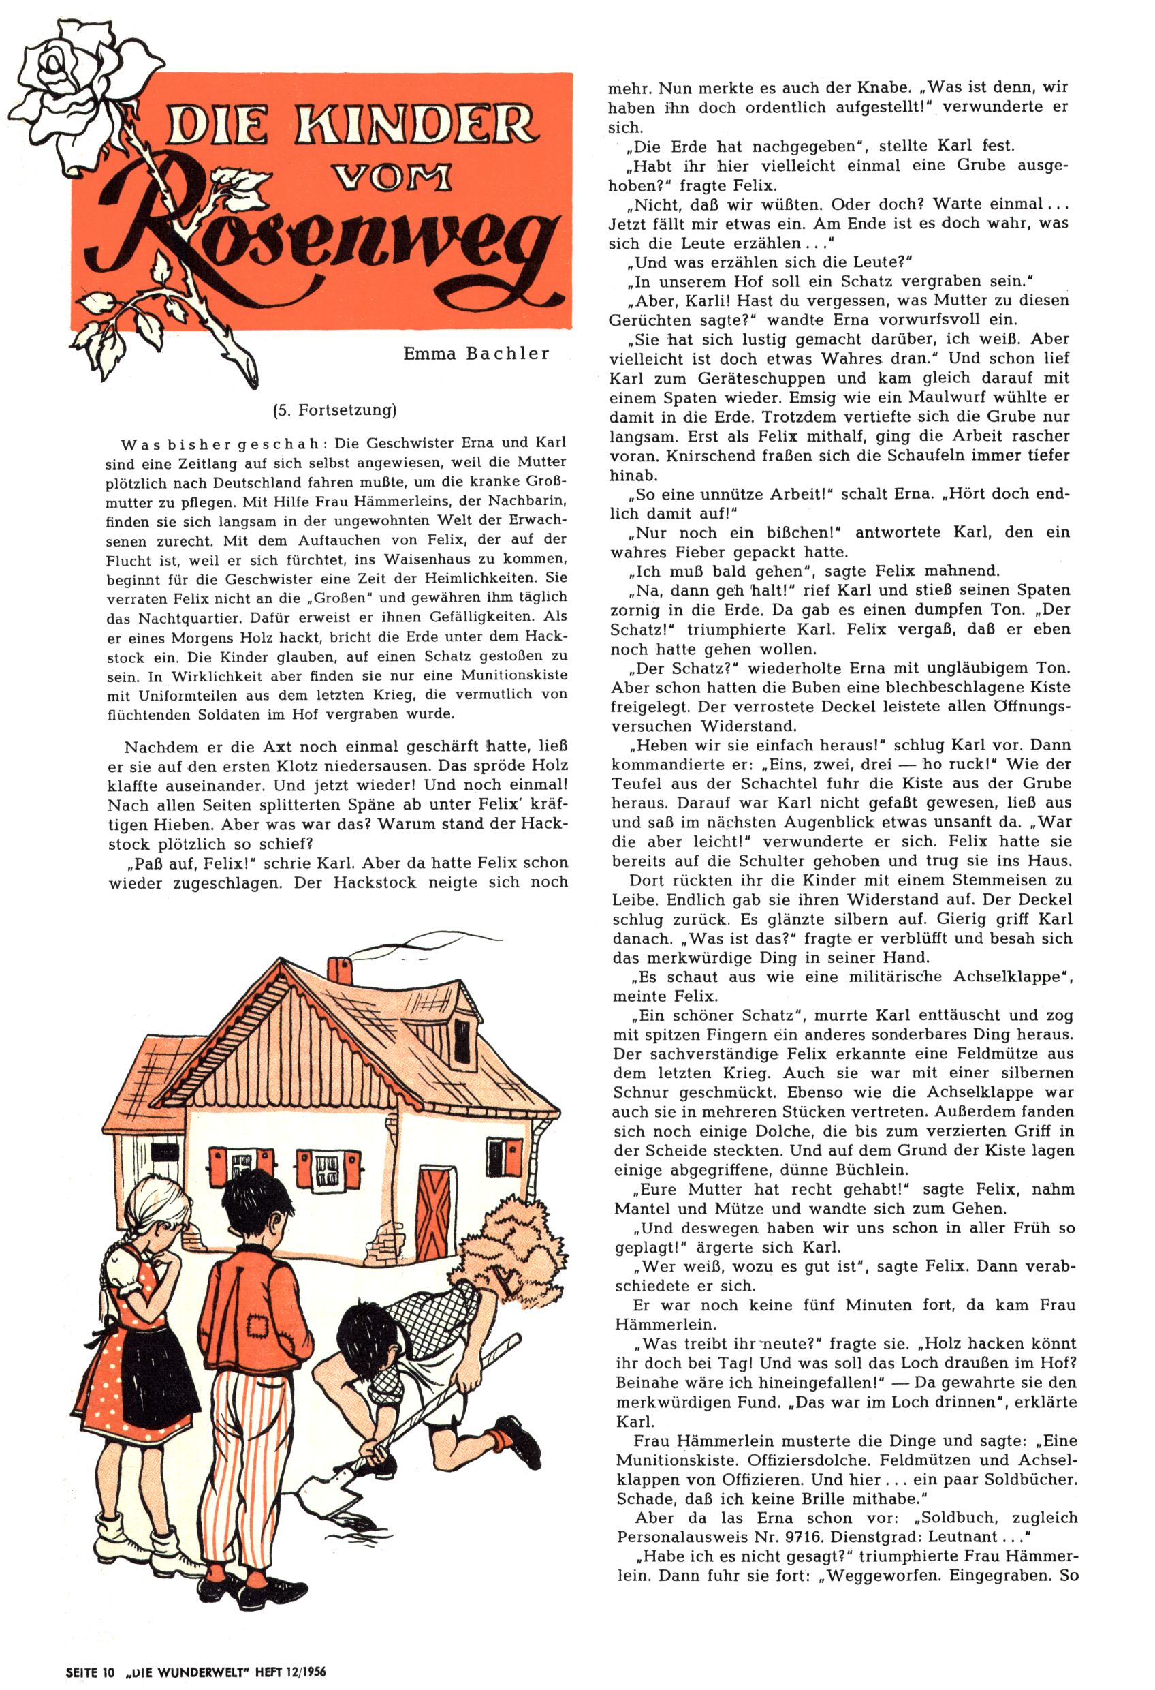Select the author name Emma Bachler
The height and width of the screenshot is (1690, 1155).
click(x=476, y=354)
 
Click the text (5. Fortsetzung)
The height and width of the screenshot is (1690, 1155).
click(x=334, y=410)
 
